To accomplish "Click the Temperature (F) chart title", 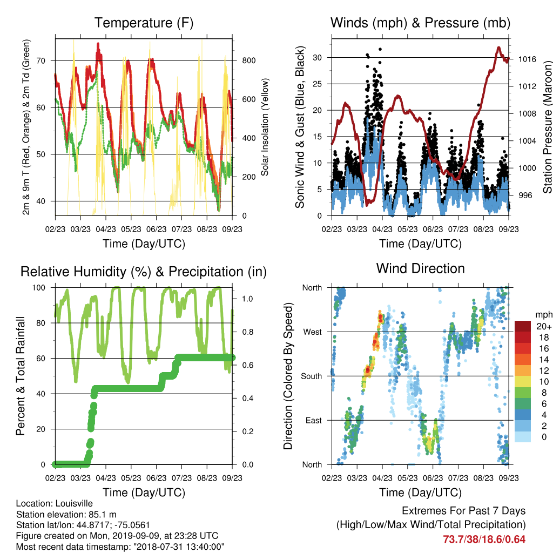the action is [x=144, y=23].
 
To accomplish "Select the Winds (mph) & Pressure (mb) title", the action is [x=420, y=23].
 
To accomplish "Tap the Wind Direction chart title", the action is [x=420, y=268].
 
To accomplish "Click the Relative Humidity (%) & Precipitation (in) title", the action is [x=144, y=272].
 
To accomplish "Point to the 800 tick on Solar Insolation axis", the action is [x=249, y=60].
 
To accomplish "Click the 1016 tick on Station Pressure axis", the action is [x=527, y=59].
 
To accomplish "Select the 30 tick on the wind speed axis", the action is [x=317, y=57].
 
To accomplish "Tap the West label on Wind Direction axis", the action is [x=313, y=332].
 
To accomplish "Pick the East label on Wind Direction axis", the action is [x=314, y=420].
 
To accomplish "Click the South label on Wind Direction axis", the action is [x=312, y=376].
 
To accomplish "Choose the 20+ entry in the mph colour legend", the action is [x=544, y=326].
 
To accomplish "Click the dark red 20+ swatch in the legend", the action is [x=523, y=326].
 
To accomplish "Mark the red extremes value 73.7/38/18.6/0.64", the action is [x=484, y=539].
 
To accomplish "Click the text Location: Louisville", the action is [x=55, y=504].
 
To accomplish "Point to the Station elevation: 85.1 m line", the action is [x=66, y=515].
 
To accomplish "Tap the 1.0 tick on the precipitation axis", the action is [x=247, y=299].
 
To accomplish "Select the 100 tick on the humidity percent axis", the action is [x=39, y=288].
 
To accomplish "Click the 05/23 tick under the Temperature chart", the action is [x=131, y=229].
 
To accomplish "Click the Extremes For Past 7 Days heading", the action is [x=464, y=511].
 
